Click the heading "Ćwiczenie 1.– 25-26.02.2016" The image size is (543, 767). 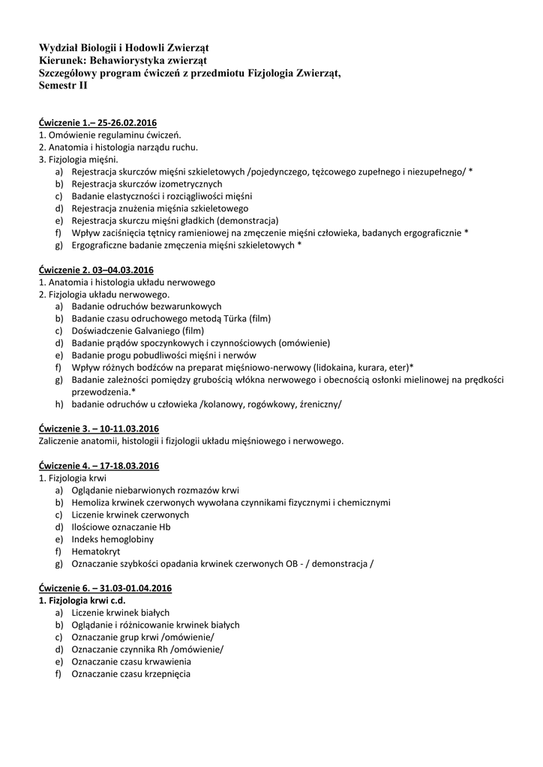click(97, 123)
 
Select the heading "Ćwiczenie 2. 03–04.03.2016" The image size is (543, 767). click(96, 270)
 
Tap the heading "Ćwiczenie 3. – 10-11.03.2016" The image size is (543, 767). click(99, 428)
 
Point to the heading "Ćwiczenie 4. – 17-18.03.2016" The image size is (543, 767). click(99, 464)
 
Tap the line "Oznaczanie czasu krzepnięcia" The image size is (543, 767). click(131, 673)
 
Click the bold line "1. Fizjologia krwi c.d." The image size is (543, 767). click(81, 600)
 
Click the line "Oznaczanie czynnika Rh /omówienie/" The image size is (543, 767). click(148, 649)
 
